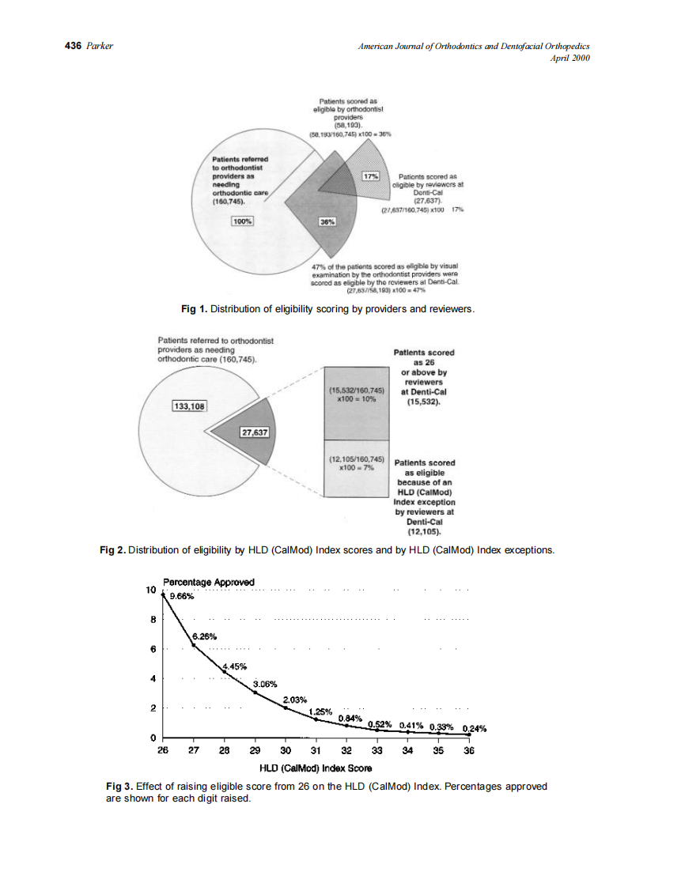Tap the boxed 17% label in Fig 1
369,175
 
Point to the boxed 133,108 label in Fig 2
189,406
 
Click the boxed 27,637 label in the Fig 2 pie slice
255,432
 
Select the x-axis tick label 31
316,750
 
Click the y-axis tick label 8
153,620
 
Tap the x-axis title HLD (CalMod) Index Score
316,768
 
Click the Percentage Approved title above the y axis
208,583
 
